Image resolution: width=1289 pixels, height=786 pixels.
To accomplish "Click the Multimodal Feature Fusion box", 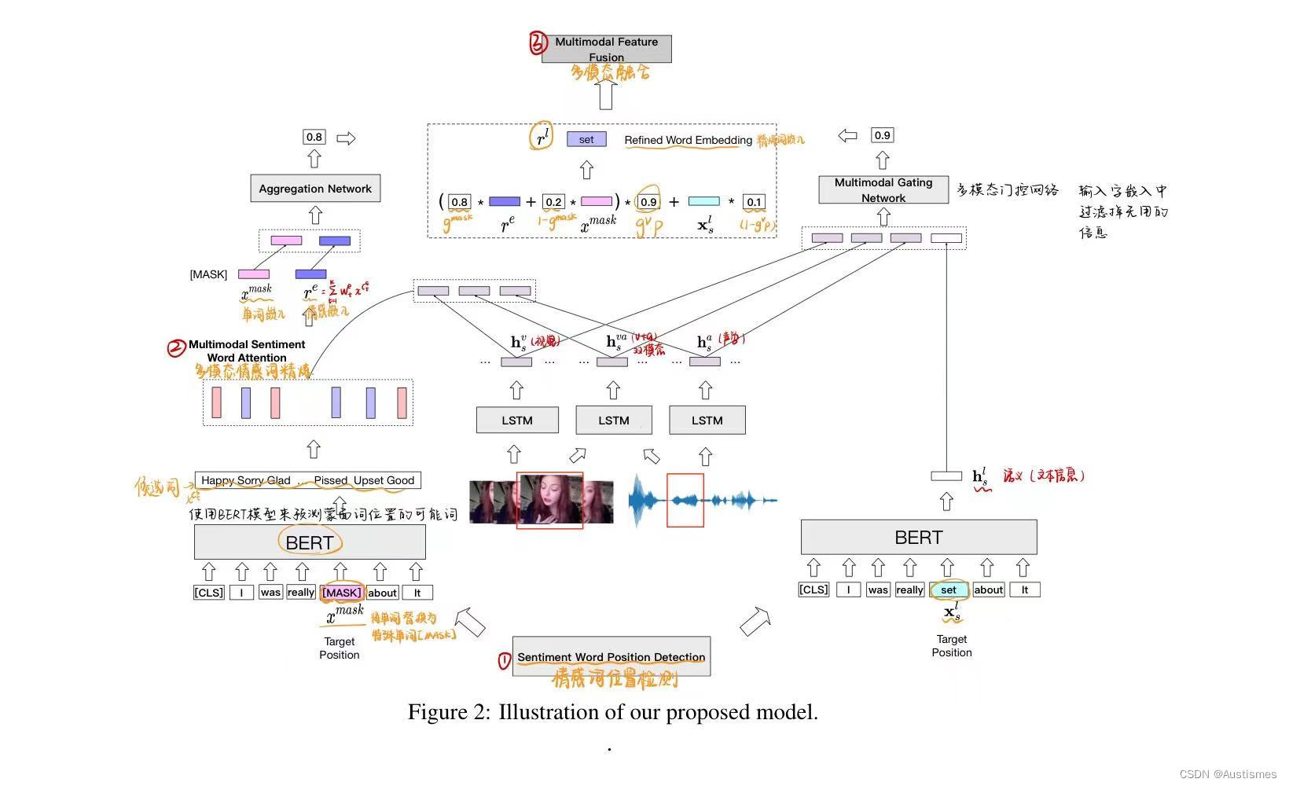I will [x=606, y=49].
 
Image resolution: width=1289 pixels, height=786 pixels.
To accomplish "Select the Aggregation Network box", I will [x=315, y=189].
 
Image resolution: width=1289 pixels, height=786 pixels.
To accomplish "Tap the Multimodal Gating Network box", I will [x=883, y=190].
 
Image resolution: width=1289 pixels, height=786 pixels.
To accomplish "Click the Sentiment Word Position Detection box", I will [x=611, y=656].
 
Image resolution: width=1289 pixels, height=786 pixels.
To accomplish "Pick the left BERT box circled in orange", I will [x=310, y=542].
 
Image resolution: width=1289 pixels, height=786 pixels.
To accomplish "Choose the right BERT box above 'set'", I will [x=918, y=538].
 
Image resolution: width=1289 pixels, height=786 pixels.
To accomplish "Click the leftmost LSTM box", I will [x=517, y=421].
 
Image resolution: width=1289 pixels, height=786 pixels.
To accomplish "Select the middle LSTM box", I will [x=614, y=421].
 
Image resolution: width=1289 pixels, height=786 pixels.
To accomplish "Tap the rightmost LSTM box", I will [x=707, y=421].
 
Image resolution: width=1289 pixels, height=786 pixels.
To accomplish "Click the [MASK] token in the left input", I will [x=341, y=593].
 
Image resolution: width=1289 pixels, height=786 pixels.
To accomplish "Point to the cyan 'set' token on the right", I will [x=949, y=589].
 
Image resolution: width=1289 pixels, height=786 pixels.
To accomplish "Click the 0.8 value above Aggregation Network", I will [x=314, y=137].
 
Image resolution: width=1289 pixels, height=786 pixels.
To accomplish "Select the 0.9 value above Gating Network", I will [x=883, y=135].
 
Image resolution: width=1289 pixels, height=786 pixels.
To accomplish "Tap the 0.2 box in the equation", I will [x=553, y=202].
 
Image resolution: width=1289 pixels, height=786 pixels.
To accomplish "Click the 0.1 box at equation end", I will [x=754, y=202].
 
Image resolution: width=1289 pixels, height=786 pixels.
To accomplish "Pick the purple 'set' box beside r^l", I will [x=586, y=139].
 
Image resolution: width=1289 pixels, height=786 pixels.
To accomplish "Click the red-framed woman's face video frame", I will [x=549, y=500].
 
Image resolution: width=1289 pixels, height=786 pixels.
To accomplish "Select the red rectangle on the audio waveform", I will [x=685, y=500].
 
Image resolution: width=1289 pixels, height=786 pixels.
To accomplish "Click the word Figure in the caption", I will [x=437, y=712].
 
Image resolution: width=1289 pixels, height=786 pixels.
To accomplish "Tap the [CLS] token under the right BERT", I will [x=813, y=589].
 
